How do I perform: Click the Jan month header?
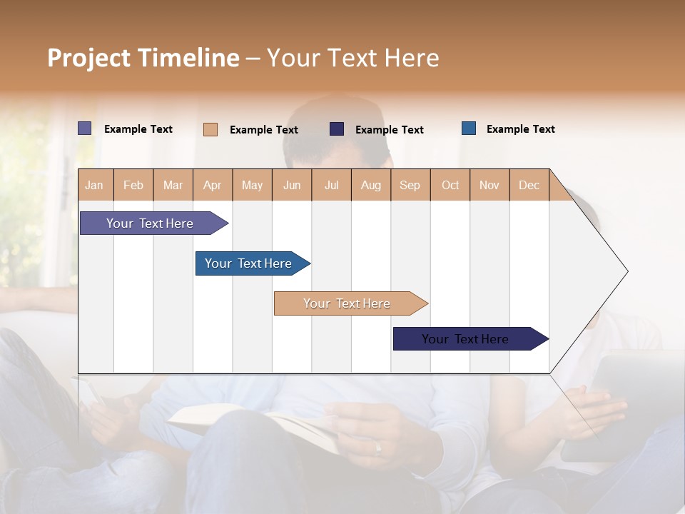94,185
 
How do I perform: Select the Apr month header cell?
212,185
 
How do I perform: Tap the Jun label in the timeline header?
292,185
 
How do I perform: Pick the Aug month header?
370,185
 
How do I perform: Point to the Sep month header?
410,185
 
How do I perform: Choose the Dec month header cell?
529,185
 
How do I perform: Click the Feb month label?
133,185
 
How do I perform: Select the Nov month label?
489,185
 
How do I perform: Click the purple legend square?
85,128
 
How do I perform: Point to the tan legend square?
210,129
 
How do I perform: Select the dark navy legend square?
337,129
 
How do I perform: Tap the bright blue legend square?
469,128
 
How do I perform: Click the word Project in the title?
89,58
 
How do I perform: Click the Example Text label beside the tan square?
263,130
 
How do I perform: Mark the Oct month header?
450,185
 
